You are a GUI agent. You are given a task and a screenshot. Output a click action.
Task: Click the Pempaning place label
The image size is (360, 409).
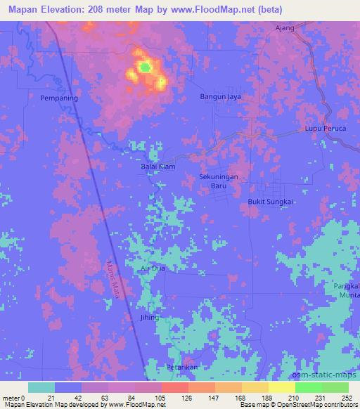click(x=58, y=98)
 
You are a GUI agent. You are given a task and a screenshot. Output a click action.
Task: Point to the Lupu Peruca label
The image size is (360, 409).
click(x=325, y=129)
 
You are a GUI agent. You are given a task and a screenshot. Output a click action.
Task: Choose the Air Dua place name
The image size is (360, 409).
click(x=153, y=268)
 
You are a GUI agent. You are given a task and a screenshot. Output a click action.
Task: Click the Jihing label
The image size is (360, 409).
click(x=149, y=318)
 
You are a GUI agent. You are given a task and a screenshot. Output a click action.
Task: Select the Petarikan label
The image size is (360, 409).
click(x=180, y=368)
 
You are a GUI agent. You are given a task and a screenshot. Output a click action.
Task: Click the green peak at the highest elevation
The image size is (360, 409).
click(x=144, y=67)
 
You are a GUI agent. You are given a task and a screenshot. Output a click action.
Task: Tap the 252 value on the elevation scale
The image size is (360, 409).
click(x=347, y=397)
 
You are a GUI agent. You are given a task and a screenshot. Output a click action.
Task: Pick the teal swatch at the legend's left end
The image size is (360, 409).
click(x=41, y=387)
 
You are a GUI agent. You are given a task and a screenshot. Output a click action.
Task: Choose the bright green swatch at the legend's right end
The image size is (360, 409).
click(x=335, y=387)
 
